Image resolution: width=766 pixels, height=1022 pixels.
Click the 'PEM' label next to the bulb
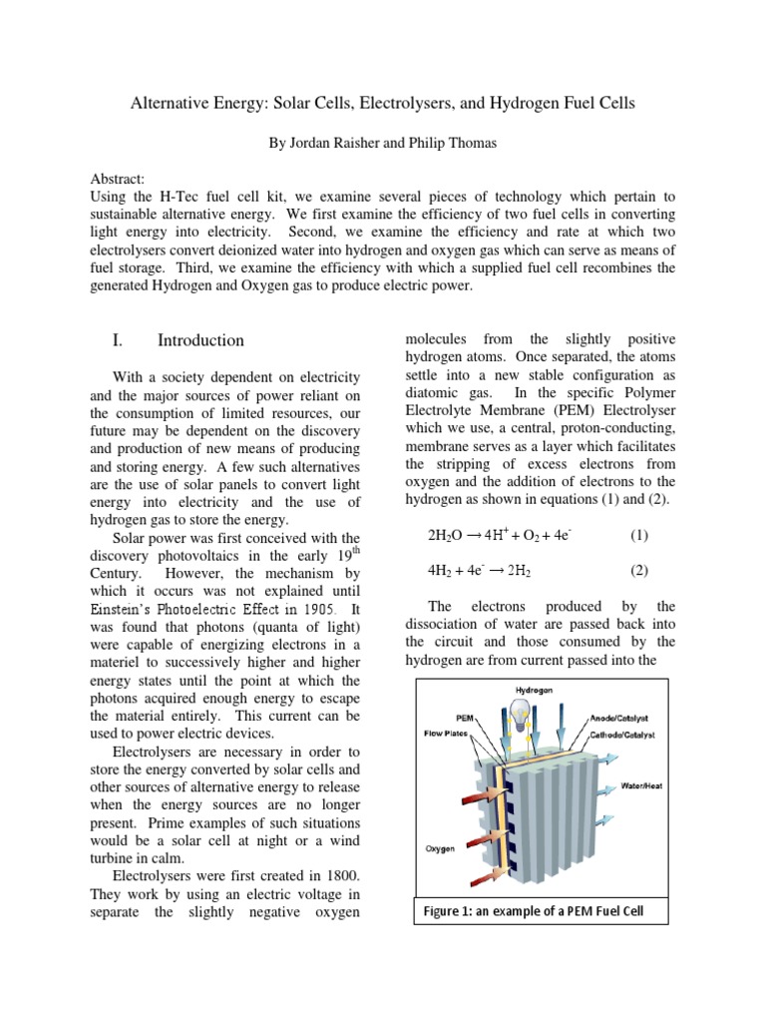[464, 717]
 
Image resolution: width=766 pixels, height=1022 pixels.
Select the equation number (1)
[639, 535]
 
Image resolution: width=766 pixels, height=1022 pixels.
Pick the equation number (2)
[639, 571]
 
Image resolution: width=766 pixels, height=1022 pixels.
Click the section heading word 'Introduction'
[200, 340]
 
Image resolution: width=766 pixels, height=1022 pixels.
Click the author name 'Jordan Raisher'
[332, 144]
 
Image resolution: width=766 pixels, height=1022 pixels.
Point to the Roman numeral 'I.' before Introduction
[118, 340]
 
